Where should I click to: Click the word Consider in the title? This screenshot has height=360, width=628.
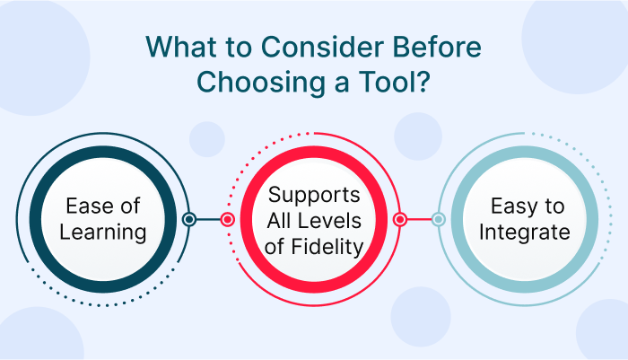322,47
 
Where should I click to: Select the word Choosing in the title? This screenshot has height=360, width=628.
261,83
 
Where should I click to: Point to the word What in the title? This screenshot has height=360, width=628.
182,47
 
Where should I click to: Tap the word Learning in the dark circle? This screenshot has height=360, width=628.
103,233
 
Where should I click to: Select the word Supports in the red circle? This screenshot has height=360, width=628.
314,196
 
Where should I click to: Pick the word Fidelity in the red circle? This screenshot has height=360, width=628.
327,247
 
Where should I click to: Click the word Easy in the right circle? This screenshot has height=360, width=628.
515,206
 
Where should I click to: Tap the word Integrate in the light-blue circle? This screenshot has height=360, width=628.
524,233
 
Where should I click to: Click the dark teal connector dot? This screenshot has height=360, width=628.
189,219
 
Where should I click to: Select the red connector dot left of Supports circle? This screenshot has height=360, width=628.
228,219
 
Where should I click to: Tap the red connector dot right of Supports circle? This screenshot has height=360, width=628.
400,219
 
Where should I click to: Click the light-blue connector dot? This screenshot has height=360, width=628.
438,219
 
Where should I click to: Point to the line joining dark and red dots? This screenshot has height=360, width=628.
208,219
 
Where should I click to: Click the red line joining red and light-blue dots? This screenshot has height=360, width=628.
419,219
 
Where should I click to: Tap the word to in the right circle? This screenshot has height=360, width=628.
554,206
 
